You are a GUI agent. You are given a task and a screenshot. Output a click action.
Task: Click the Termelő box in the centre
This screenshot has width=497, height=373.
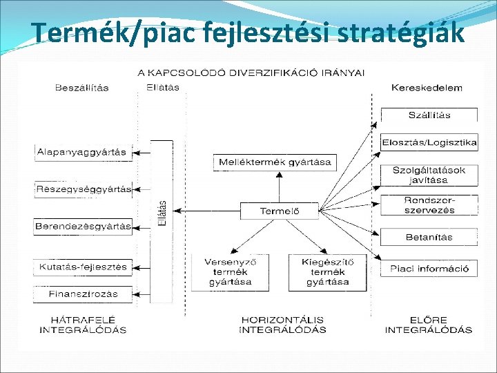[x=279, y=211]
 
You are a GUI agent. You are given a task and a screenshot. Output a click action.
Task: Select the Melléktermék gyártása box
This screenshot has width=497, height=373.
[x=275, y=163]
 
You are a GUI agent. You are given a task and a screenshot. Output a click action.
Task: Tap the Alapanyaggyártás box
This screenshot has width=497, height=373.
[x=83, y=152]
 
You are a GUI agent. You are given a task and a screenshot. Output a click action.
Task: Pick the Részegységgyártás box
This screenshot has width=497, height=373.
[x=83, y=189]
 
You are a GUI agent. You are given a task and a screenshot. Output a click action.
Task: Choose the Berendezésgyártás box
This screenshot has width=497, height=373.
[x=83, y=226]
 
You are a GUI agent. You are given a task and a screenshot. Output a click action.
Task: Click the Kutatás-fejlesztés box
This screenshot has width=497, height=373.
[x=83, y=267]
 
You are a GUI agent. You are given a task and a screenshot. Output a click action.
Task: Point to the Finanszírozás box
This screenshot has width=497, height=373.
[x=83, y=294]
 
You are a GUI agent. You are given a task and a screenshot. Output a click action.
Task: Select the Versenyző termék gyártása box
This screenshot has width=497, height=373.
[x=227, y=271]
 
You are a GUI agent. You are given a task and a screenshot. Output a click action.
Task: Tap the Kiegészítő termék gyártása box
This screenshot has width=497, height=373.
[x=327, y=271]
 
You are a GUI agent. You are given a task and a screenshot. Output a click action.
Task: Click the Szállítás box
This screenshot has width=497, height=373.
[x=429, y=115]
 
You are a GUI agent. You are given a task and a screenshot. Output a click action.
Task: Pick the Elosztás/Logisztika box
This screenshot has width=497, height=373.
[x=429, y=143]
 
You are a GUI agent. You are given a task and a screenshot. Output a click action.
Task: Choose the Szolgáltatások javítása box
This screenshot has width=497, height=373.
[x=429, y=175]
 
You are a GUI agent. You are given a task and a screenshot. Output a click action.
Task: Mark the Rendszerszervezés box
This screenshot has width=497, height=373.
[x=429, y=205]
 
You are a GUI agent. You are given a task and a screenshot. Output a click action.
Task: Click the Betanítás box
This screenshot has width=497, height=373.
[x=429, y=237]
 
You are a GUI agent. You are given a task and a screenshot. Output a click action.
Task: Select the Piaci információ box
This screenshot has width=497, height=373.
[x=429, y=268]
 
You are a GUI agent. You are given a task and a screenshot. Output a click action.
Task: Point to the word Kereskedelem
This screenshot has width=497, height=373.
[x=427, y=88]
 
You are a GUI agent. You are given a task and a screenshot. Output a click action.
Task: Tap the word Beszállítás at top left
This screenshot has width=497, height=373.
[x=81, y=88]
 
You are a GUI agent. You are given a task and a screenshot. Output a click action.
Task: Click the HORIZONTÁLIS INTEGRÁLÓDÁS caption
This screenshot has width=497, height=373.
[x=282, y=325]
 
